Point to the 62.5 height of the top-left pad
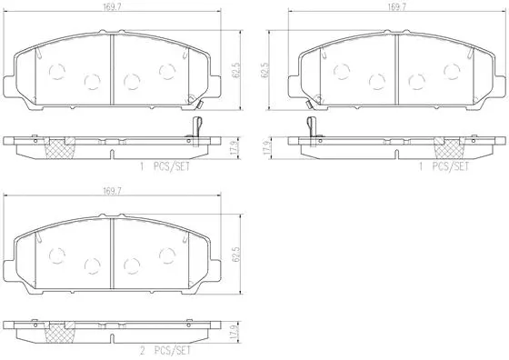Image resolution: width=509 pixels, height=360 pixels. click(235, 65)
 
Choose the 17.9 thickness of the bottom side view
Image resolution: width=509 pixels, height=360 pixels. click(235, 331)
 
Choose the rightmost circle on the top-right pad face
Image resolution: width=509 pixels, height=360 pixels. click(451, 70)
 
